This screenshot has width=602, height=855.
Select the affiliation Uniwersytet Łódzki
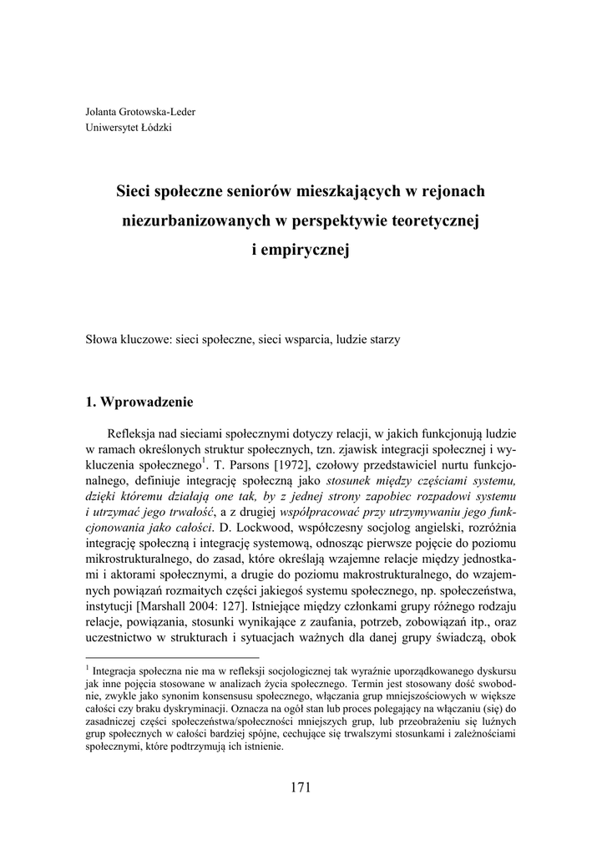[129, 128]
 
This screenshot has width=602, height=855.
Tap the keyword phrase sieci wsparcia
[294, 340]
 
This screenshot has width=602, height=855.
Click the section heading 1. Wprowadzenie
[139, 402]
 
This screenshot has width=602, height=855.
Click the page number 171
[301, 786]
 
